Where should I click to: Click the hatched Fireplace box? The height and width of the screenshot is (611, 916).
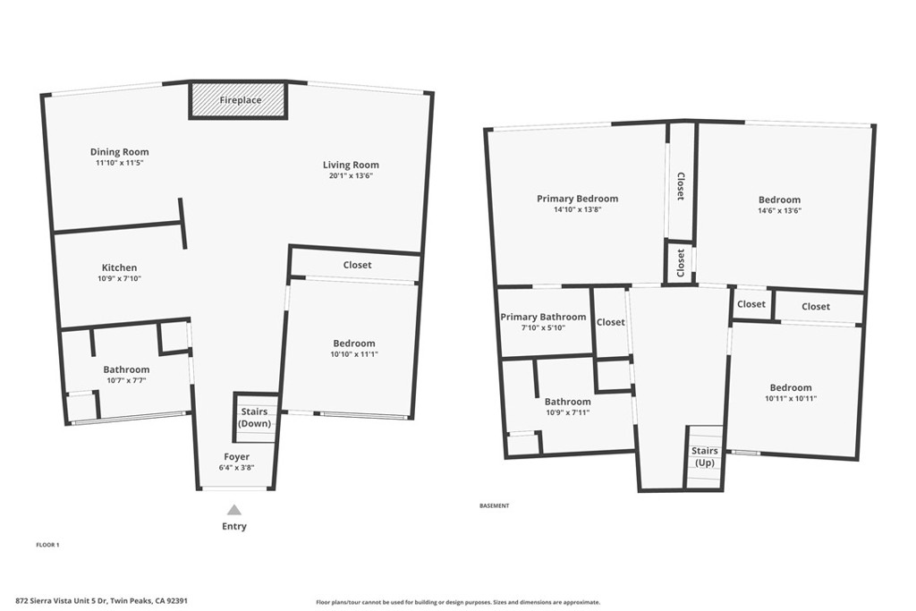pyautogui.click(x=239, y=100)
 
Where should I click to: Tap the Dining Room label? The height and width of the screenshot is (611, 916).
pyautogui.click(x=119, y=152)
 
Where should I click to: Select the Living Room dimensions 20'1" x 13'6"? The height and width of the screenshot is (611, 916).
pyautogui.click(x=351, y=176)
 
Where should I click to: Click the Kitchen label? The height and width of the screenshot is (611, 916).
pyautogui.click(x=119, y=267)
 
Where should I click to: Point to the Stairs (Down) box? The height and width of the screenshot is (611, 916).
pyautogui.click(x=255, y=418)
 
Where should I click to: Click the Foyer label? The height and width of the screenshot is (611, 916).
pyautogui.click(x=236, y=457)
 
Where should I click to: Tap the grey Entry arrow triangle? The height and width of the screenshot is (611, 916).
pyautogui.click(x=233, y=510)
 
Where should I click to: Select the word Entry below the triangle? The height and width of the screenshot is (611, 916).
pyautogui.click(x=233, y=527)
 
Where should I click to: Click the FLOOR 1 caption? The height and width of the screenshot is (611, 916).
pyautogui.click(x=47, y=544)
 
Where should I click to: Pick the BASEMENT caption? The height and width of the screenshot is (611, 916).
pyautogui.click(x=495, y=505)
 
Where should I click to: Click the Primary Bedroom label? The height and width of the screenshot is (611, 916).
pyautogui.click(x=577, y=199)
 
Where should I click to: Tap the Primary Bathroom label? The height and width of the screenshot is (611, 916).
pyautogui.click(x=543, y=317)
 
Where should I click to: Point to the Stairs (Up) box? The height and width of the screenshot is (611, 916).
pyautogui.click(x=705, y=456)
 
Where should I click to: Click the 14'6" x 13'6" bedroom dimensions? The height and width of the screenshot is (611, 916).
pyautogui.click(x=779, y=211)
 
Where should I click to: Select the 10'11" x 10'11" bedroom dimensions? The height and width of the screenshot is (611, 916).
pyautogui.click(x=791, y=399)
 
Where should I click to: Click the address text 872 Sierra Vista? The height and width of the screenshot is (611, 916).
pyautogui.click(x=101, y=601)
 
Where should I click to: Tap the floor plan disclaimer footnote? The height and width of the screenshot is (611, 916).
pyautogui.click(x=458, y=602)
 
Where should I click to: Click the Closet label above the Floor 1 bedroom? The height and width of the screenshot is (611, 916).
pyautogui.click(x=357, y=265)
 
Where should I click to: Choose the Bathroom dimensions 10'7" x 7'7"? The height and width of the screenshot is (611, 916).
pyautogui.click(x=126, y=380)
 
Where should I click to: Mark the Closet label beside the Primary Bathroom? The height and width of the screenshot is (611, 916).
pyautogui.click(x=611, y=322)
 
